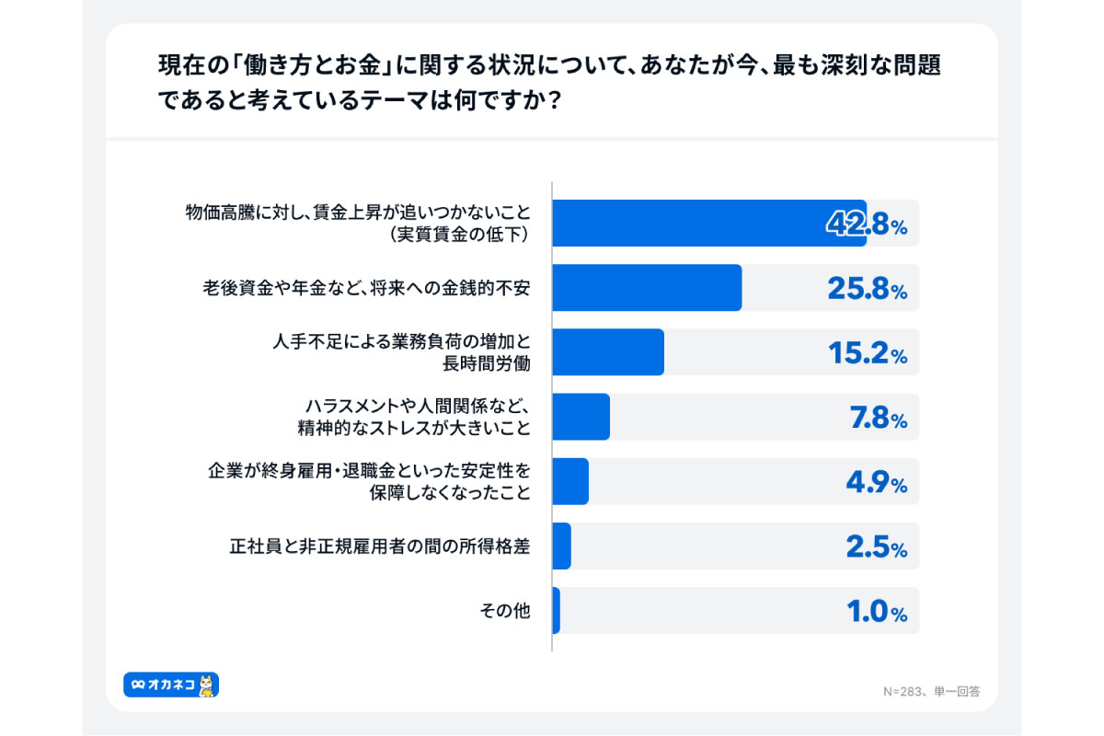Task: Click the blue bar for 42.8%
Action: pyautogui.click(x=708, y=224)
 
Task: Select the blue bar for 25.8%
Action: pyautogui.click(x=647, y=288)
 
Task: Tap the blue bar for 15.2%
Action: pyautogui.click(x=608, y=352)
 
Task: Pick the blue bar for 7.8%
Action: pyautogui.click(x=581, y=417)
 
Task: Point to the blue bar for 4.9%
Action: pyautogui.click(x=570, y=481)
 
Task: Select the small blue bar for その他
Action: pyautogui.click(x=556, y=611)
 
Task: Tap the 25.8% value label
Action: pyautogui.click(x=866, y=290)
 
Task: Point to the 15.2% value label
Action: pyautogui.click(x=866, y=354)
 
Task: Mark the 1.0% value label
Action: pyautogui.click(x=877, y=612)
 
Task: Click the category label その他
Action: pyautogui.click(x=505, y=611)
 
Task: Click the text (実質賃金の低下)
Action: pyautogui.click(x=459, y=235)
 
